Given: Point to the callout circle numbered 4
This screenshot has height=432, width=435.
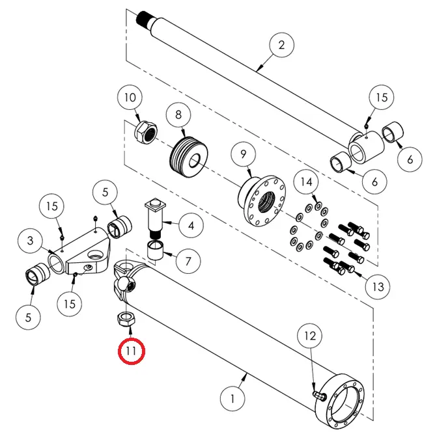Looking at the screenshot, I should (190, 227).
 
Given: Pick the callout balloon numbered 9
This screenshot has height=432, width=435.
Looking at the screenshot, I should (243, 154).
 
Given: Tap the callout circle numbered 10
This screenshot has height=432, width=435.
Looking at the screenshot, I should (130, 98).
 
